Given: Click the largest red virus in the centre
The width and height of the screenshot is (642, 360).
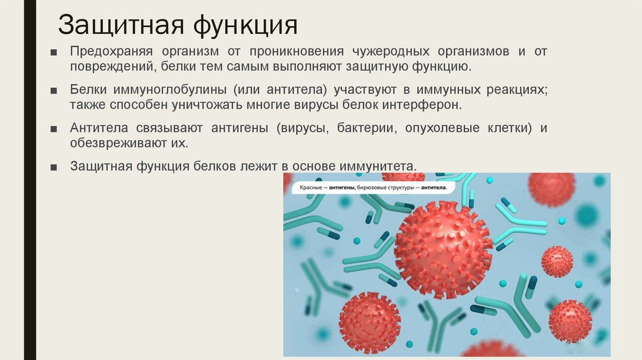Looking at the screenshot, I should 443,250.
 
